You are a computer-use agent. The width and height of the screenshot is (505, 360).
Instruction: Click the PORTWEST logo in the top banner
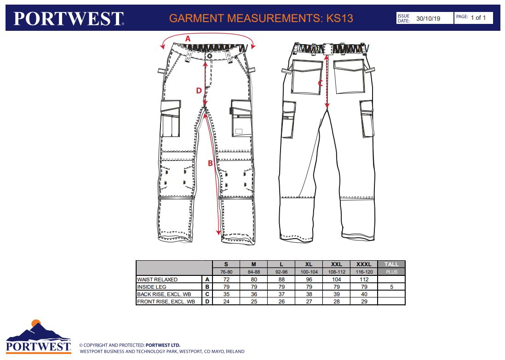(x=69, y=18)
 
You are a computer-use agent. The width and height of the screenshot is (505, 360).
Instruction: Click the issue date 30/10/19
(x=428, y=18)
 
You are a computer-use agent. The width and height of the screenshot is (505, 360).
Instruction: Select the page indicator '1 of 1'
(x=478, y=17)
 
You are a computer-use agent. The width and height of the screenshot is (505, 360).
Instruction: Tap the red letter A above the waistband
(x=188, y=39)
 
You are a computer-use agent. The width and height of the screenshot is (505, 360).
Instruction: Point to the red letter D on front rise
(x=199, y=91)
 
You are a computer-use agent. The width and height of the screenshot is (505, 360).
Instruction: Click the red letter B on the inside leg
(x=210, y=163)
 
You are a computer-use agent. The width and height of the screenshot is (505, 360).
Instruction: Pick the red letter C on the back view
(x=320, y=83)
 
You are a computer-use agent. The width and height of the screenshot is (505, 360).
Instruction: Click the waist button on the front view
(x=210, y=56)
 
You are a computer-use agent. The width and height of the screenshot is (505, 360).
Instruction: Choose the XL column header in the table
(x=309, y=264)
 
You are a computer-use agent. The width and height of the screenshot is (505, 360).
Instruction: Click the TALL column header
(x=391, y=264)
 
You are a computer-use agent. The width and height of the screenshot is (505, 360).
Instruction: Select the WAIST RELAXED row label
(x=157, y=280)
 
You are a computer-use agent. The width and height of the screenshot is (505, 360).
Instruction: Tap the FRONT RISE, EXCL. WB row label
(x=166, y=302)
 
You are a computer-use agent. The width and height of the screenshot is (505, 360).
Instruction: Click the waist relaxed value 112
(x=364, y=280)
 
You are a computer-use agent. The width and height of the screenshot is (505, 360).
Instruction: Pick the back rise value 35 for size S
(x=226, y=294)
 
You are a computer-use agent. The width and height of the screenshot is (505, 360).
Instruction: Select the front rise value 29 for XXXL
(x=364, y=302)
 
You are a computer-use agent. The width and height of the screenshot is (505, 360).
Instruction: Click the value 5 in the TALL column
(x=392, y=287)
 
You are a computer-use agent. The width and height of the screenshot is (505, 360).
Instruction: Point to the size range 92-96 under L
(x=281, y=272)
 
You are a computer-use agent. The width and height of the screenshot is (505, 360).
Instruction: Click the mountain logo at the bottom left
(x=38, y=337)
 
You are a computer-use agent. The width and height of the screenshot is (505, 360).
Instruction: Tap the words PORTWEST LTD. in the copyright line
(x=163, y=345)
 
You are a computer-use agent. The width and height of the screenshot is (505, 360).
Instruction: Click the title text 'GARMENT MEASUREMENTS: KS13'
(x=261, y=18)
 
